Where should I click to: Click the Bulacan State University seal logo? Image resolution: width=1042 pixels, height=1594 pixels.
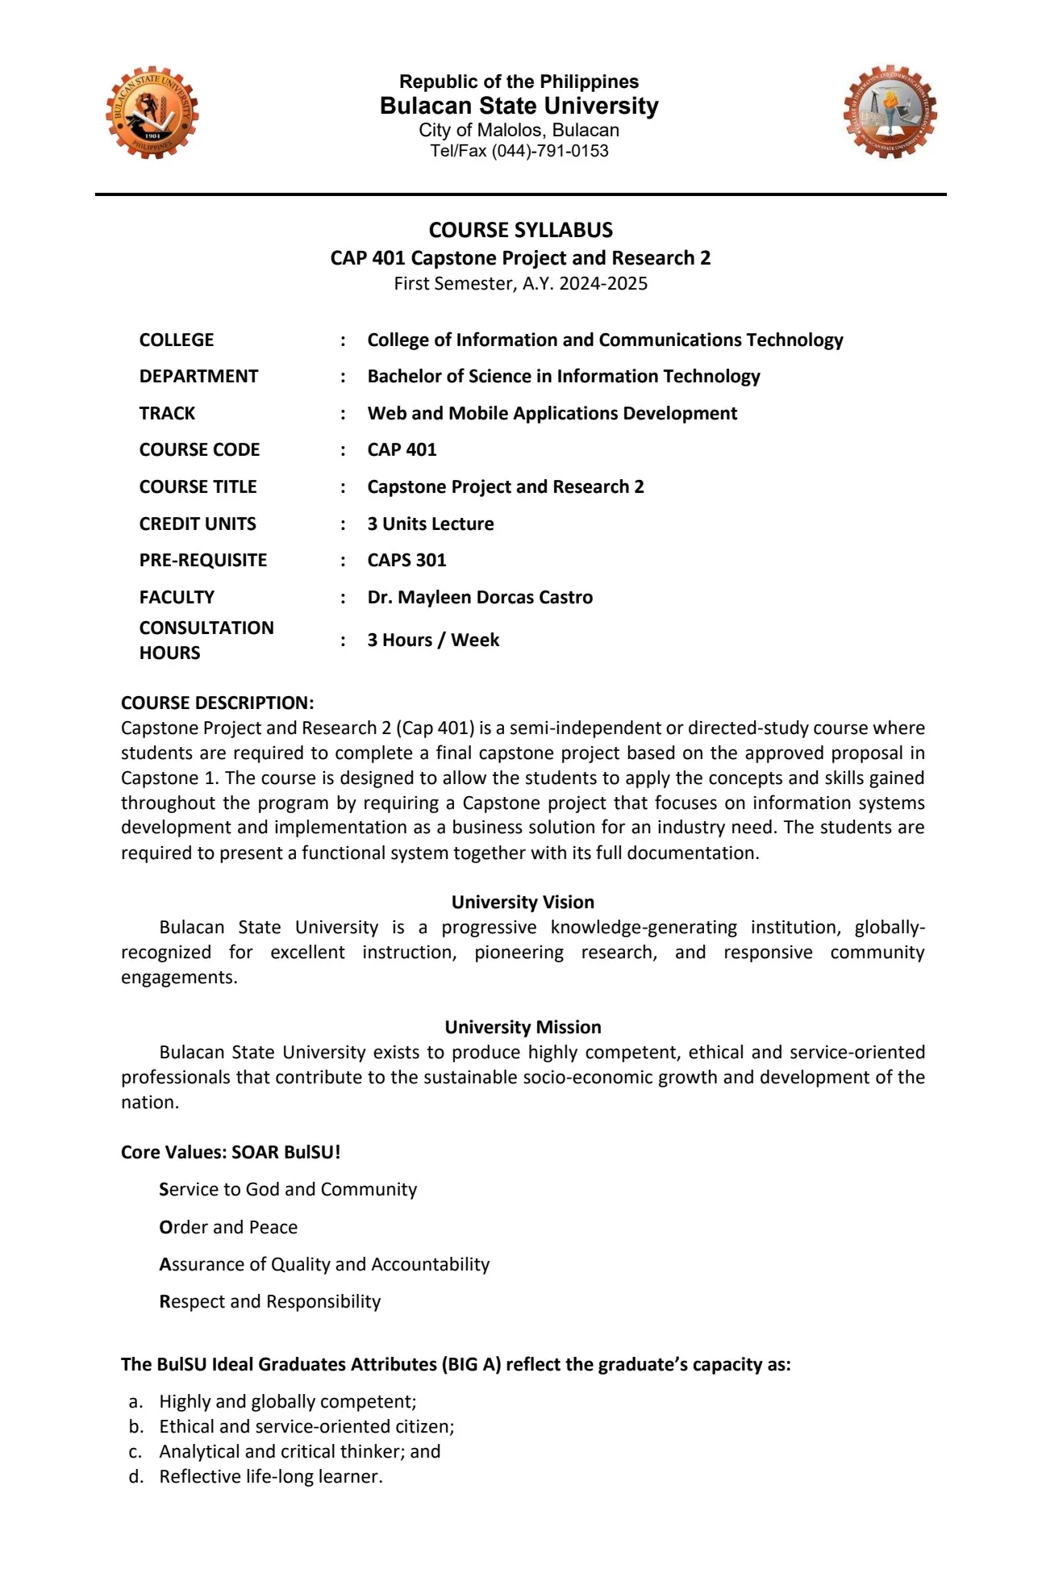tap(152, 113)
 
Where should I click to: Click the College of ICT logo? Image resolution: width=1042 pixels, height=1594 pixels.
tap(890, 112)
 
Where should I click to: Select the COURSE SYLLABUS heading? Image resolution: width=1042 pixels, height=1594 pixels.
tap(520, 230)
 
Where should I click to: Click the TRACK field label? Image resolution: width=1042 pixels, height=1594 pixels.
tap(167, 413)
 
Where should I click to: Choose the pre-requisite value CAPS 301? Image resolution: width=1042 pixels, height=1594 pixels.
tap(406, 560)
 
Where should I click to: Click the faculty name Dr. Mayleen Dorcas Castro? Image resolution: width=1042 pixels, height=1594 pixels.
tap(480, 597)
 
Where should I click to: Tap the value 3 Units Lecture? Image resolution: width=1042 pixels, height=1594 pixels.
tap(431, 524)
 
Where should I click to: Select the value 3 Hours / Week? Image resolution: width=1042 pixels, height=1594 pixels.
tap(433, 640)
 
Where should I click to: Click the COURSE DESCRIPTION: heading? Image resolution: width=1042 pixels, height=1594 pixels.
tap(218, 703)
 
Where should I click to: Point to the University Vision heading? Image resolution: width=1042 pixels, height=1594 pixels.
tap(523, 902)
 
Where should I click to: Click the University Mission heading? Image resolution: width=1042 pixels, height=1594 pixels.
tap(523, 1027)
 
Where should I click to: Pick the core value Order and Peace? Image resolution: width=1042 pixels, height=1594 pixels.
tap(228, 1227)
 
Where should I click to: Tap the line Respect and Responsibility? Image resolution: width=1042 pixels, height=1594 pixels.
tap(269, 1301)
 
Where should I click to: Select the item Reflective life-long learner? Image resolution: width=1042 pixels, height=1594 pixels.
tap(270, 1476)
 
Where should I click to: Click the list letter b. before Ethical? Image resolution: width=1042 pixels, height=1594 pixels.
tap(135, 1426)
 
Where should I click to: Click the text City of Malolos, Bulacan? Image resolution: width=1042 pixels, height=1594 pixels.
tap(519, 130)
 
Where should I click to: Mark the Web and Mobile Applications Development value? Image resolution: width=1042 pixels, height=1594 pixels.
tap(552, 413)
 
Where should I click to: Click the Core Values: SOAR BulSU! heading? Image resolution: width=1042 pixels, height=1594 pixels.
tap(231, 1152)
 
